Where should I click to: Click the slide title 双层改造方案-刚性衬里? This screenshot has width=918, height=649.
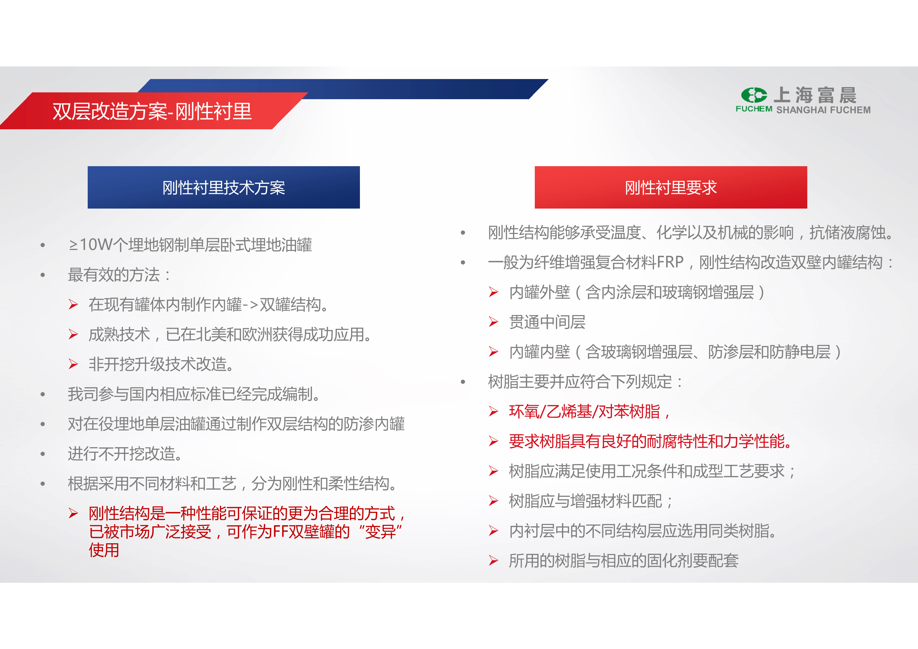coord(152,111)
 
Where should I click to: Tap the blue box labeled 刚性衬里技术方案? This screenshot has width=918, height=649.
coord(224,187)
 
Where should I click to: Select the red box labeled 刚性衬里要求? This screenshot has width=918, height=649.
coord(671,187)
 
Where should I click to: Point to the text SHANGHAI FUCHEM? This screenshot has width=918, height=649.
coord(823,110)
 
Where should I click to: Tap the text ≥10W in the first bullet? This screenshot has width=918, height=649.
coord(91,245)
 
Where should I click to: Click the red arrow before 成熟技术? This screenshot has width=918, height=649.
coord(73,334)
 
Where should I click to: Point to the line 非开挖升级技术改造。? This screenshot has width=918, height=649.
coord(161,364)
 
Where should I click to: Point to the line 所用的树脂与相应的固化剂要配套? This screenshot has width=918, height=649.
coord(624,561)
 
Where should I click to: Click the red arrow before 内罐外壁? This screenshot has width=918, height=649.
coord(493,292)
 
